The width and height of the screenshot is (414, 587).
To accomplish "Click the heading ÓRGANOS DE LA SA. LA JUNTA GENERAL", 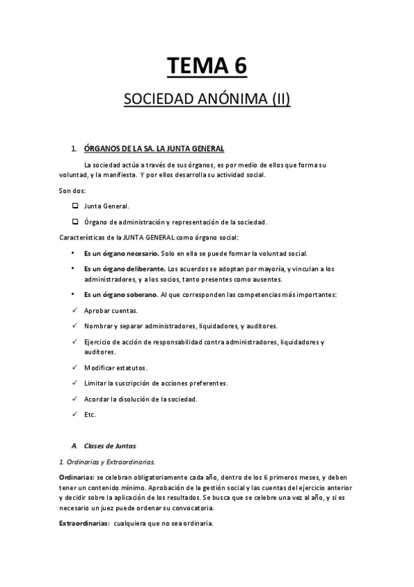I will point(153,149).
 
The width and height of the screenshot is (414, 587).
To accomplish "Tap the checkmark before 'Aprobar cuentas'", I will point(74,310).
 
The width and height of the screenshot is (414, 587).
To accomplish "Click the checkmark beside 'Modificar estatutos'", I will point(74,367).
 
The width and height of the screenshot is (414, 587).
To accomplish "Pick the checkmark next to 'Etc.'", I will point(74,415).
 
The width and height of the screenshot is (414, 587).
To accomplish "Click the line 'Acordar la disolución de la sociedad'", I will point(140,399).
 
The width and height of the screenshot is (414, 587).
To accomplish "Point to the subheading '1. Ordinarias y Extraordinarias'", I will point(107,461).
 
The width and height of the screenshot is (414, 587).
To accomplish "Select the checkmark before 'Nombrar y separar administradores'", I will point(74,326).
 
